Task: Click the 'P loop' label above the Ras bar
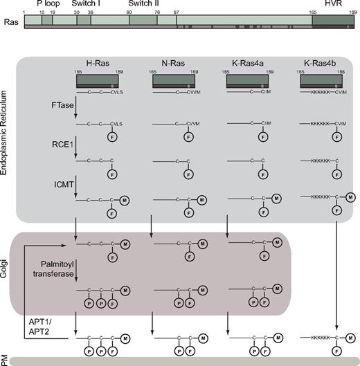click(47, 3)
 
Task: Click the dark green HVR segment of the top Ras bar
click(334, 21)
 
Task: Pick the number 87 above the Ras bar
click(176, 12)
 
